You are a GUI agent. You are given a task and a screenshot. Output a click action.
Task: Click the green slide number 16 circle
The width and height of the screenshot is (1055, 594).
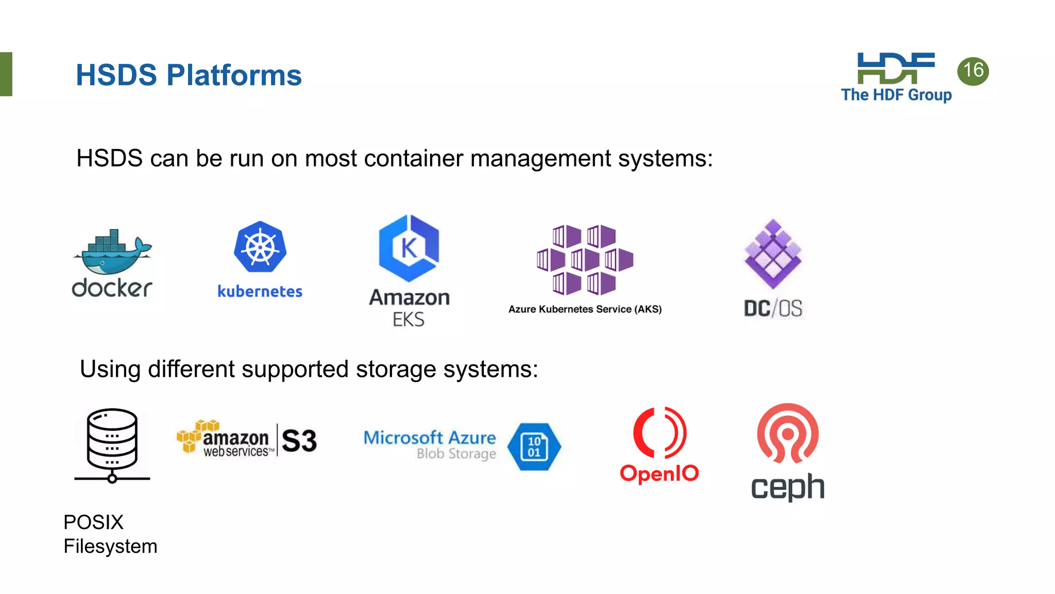point(973,71)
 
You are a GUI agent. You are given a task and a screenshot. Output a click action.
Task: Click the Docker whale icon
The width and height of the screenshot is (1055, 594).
point(112,254)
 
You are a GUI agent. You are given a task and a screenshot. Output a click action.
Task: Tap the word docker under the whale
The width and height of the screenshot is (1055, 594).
point(112,288)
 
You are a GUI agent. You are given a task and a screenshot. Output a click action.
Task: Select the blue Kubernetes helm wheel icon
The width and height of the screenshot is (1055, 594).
point(260,247)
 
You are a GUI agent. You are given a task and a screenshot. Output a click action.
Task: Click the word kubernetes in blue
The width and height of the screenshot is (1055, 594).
point(260,291)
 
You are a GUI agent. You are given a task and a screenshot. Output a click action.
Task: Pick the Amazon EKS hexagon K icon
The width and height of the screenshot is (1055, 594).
point(409,248)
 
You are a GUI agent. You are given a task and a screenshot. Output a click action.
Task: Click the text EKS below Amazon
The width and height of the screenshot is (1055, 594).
point(409,320)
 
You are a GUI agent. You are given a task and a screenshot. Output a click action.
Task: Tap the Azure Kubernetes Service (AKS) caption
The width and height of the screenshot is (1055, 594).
point(585,309)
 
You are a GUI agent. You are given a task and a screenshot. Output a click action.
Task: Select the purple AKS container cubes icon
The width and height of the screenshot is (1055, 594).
point(585,259)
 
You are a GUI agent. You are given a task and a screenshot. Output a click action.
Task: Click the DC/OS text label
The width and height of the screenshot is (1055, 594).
point(773,309)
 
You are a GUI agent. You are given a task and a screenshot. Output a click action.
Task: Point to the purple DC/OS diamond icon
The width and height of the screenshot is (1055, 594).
point(773,254)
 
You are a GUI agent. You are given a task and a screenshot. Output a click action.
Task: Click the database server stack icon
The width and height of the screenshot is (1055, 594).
point(112,444)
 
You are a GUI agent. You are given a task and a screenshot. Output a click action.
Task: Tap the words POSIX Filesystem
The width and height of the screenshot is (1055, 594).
point(110,534)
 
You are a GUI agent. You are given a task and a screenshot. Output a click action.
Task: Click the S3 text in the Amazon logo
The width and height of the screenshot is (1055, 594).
point(299,441)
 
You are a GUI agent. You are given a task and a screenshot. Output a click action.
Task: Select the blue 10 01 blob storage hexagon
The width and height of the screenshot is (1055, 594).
point(534,447)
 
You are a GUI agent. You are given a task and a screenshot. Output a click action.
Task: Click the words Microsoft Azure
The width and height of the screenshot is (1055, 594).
point(430,438)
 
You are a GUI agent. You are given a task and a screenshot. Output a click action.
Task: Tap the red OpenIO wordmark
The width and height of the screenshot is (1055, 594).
point(659,473)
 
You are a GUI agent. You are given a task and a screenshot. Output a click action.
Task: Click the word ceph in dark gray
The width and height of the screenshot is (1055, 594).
point(787,487)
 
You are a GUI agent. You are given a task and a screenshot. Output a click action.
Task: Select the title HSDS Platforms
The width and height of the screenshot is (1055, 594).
point(189,75)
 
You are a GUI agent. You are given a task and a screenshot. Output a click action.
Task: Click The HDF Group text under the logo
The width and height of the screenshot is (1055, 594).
point(896,95)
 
